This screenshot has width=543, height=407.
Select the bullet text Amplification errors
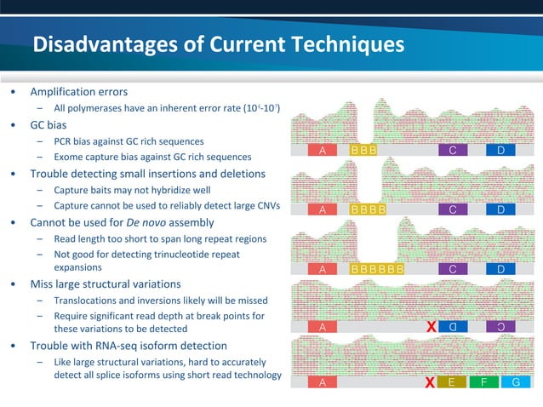click(79, 91)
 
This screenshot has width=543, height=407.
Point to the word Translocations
click(89, 301)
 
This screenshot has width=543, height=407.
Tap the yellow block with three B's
click(364, 151)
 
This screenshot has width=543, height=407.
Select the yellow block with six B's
click(377, 270)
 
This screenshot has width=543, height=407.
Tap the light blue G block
click(516, 382)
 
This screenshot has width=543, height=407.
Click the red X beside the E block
click(432, 382)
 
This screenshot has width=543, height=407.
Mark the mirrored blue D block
click(453, 326)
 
